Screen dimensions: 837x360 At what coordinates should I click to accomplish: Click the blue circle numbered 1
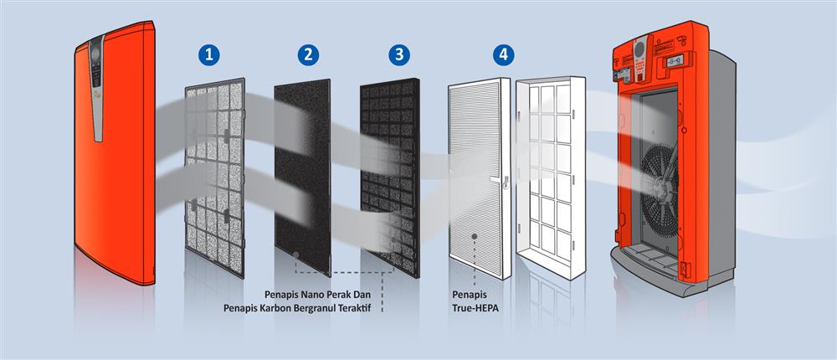click(x=208, y=54)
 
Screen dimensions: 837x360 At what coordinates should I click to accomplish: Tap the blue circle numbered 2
click(x=308, y=54)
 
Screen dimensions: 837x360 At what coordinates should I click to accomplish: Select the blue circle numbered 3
click(x=399, y=54)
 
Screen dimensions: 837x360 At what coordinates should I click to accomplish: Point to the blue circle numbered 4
click(x=503, y=54)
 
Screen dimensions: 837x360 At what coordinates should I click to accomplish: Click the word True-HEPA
click(x=475, y=308)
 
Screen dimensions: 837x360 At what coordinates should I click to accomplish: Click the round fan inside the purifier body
click(x=660, y=184)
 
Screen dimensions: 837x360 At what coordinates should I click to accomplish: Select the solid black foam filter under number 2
click(x=303, y=177)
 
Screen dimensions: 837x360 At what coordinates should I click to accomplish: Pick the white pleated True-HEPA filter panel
click(x=480, y=178)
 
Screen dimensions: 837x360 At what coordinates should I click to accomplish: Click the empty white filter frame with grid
click(x=551, y=177)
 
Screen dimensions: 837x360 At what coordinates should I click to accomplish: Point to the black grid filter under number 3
click(x=390, y=177)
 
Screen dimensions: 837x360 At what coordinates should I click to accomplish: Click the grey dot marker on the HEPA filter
click(x=475, y=235)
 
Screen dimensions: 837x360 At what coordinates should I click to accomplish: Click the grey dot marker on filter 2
click(x=295, y=255)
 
